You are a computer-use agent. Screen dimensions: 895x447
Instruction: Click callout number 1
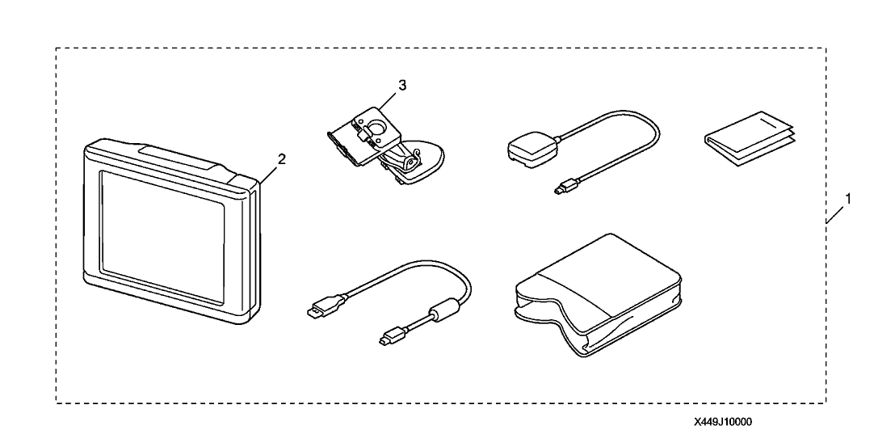[x=848, y=199]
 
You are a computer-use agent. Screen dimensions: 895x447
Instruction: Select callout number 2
[x=281, y=159]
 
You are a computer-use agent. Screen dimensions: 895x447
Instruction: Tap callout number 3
[x=402, y=85]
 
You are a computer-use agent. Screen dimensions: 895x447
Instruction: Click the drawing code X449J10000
[x=723, y=423]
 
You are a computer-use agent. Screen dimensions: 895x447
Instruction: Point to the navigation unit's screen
[x=162, y=236]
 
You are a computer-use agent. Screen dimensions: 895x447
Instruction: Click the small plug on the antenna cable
[x=566, y=186]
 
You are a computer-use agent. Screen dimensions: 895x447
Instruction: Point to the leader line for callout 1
[x=835, y=213]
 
